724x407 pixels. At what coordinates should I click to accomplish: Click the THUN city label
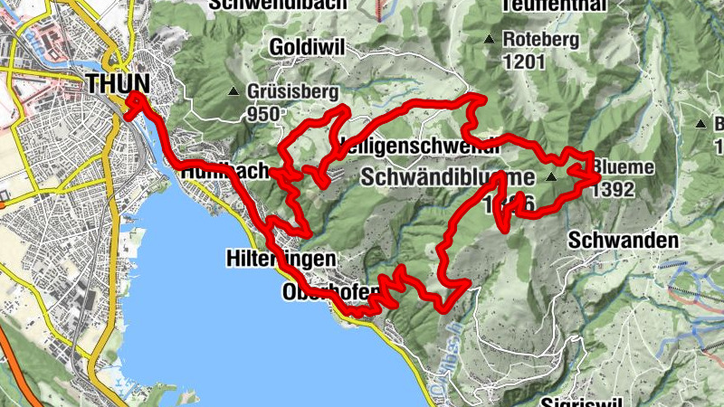point(119,83)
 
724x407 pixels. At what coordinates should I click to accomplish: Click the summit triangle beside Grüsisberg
point(234,92)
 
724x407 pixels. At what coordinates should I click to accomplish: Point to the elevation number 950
point(262,114)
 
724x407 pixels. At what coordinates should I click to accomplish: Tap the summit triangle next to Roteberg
point(489,39)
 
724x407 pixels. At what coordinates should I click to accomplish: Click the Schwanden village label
point(624,241)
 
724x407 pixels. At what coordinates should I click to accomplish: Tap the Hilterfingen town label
point(280,259)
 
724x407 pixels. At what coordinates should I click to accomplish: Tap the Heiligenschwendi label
point(398,145)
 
